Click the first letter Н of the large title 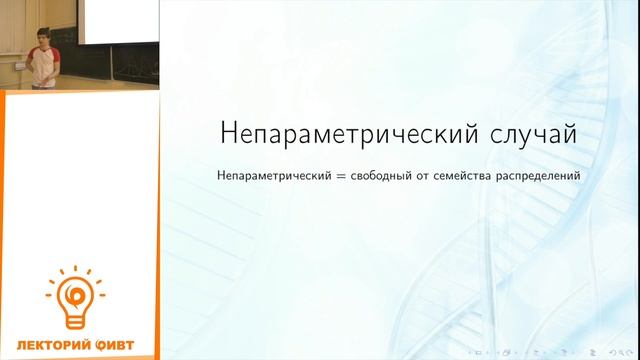point(226,134)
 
